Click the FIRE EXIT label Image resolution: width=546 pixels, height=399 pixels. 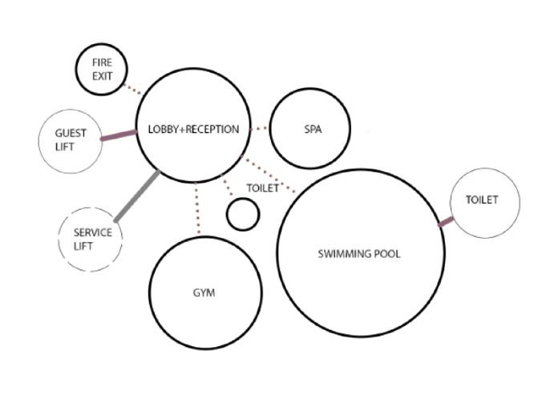102,70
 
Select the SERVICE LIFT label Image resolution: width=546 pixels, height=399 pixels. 92,239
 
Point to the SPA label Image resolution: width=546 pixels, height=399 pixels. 313,129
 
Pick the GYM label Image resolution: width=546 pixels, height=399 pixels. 204,292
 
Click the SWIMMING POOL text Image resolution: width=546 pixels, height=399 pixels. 359,254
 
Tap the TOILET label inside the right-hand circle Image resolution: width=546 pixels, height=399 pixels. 481,200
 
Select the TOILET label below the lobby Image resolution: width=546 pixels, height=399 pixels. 261,188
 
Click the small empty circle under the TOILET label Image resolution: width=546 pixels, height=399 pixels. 243,215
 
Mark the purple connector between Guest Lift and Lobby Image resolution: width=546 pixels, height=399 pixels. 118,136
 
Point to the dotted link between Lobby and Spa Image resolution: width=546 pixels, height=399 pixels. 258,128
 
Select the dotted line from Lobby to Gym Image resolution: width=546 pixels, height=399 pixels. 196,210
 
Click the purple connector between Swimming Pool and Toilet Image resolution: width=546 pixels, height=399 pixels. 446,221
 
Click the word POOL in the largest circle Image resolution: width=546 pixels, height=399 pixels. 386,254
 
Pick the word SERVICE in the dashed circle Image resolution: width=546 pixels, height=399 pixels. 92,232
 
